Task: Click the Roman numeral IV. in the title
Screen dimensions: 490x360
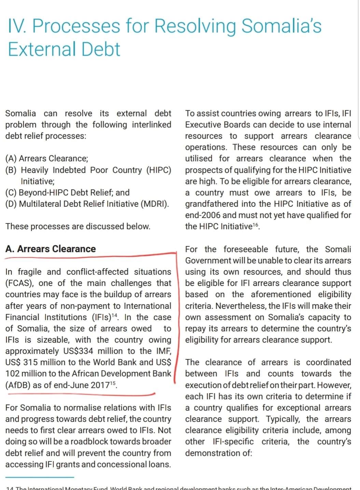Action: pyautogui.click(x=17, y=26)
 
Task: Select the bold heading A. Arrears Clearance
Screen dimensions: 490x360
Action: pyautogui.click(x=51, y=249)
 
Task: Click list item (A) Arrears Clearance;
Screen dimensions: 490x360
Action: pyautogui.click(x=47, y=158)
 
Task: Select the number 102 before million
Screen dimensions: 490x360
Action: pyautogui.click(x=13, y=373)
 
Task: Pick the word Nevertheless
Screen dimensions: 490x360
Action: pyautogui.click(x=240, y=306)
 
